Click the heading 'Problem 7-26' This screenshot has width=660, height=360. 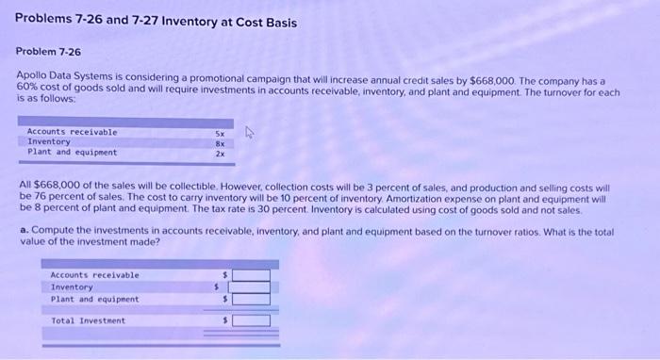pos(49,53)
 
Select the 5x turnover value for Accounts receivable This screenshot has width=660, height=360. pos(220,133)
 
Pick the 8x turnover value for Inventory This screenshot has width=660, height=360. pos(220,142)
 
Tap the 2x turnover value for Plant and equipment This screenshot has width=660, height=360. pos(220,152)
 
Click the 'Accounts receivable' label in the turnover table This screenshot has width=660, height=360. pos(73,133)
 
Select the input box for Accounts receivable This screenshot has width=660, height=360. pos(251,275)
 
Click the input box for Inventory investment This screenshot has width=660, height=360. pos(251,286)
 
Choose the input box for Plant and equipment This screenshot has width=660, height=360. pos(251,299)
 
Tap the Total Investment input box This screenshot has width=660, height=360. pos(251,321)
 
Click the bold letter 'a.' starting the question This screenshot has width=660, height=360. pos(25,231)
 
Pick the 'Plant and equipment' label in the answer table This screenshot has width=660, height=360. pos(94,299)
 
